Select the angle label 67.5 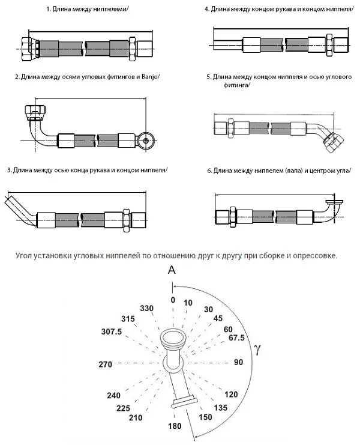tap(236, 338)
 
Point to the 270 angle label tap(106, 364)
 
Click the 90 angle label tap(238, 362)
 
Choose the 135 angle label tap(221, 407)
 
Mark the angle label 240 tap(114, 395)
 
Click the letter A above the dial tap(172, 271)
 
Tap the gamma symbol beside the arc tap(257, 348)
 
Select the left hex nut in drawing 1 tap(27, 46)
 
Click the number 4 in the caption tap(206, 10)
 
